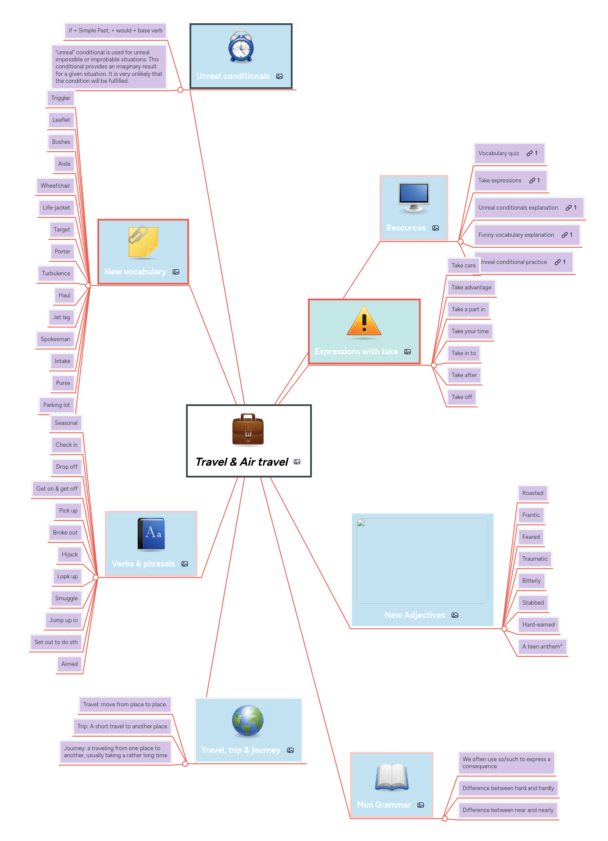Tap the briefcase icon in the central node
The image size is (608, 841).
coord(248,429)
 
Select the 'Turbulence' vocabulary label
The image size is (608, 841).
coord(56,273)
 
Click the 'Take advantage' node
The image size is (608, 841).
coord(471,288)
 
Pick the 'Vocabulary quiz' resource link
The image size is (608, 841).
coord(498,153)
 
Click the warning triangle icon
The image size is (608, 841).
coord(364,322)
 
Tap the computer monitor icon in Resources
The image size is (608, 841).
coord(414,197)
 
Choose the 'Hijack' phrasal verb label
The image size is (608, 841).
coord(69,555)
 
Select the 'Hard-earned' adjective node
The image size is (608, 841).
coord(538,625)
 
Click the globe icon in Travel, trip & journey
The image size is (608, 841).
coord(247,721)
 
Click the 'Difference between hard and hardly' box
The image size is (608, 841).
coord(508,788)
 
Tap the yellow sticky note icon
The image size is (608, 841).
coord(143,242)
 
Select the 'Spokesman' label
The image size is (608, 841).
coord(55,339)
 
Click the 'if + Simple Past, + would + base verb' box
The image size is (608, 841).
coord(115,31)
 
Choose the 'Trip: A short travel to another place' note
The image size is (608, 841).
coord(122,727)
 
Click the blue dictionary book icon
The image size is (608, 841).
coord(151,534)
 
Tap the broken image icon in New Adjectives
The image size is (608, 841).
coord(361,523)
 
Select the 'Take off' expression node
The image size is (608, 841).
coord(461,397)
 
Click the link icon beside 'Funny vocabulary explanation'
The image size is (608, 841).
coord(565,235)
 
